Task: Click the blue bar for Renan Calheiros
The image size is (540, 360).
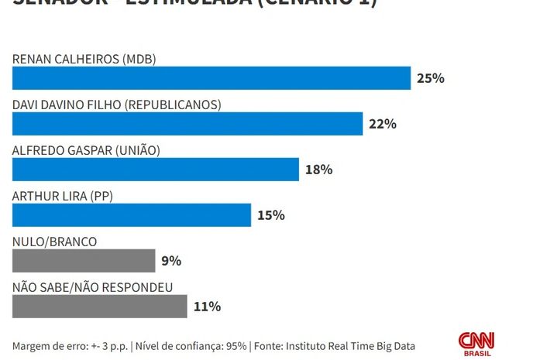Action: click(x=211, y=78)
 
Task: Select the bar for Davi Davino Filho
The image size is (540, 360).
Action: click(x=187, y=124)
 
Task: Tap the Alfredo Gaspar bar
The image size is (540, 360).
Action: click(x=155, y=170)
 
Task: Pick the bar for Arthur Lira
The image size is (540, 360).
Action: click(x=132, y=215)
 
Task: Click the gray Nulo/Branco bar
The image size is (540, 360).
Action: click(x=84, y=261)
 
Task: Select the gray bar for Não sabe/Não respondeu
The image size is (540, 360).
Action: click(x=99, y=307)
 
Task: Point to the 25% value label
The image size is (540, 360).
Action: click(x=430, y=78)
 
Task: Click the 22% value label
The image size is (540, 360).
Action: click(x=383, y=124)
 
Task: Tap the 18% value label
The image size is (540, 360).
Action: click(x=318, y=170)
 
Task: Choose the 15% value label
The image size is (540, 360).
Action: click(x=271, y=215)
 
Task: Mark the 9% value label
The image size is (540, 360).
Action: click(x=170, y=261)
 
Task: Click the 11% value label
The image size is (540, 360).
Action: click(x=207, y=307)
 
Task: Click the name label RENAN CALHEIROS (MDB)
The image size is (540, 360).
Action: click(x=84, y=59)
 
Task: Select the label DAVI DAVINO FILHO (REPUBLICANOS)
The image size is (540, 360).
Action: click(x=117, y=105)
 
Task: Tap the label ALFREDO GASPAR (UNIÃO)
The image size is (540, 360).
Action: click(x=86, y=150)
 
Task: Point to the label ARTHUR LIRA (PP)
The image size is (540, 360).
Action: click(x=63, y=196)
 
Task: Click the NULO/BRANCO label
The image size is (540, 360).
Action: click(x=55, y=242)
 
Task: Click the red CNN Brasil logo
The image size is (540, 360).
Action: click(x=476, y=344)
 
